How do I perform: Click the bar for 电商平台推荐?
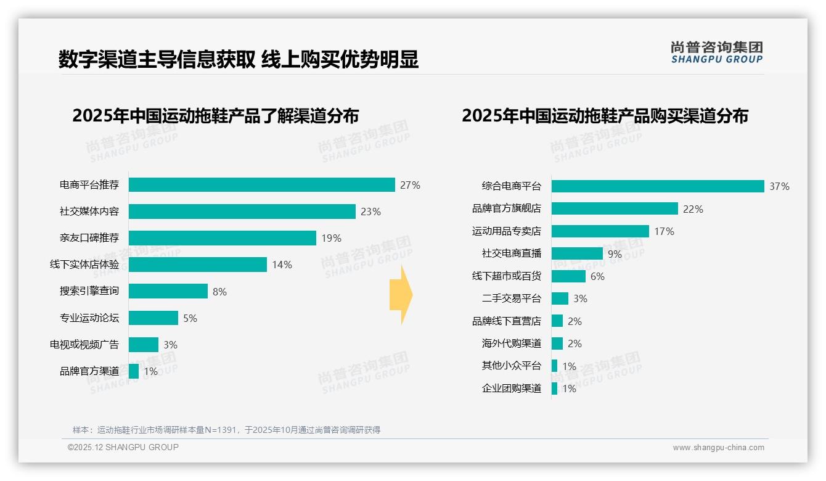[261, 185]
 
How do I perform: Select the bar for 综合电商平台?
[657, 186]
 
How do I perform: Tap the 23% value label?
[370, 212]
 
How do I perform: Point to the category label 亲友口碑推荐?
[89, 238]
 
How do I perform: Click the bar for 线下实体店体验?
[197, 265]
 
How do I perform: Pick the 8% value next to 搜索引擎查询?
[219, 292]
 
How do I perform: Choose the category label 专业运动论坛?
[89, 318]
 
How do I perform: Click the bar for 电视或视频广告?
[143, 345]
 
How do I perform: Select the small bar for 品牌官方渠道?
[134, 371]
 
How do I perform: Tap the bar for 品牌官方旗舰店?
[614, 209]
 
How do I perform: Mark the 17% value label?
[664, 231]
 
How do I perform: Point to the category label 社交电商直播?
[511, 253]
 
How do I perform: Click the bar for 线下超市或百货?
[568, 276]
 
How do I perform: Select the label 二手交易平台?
[511, 298]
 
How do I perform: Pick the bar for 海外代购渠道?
[557, 343]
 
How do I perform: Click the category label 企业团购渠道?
[511, 388]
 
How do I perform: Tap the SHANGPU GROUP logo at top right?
[716, 52]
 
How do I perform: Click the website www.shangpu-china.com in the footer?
[718, 448]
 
